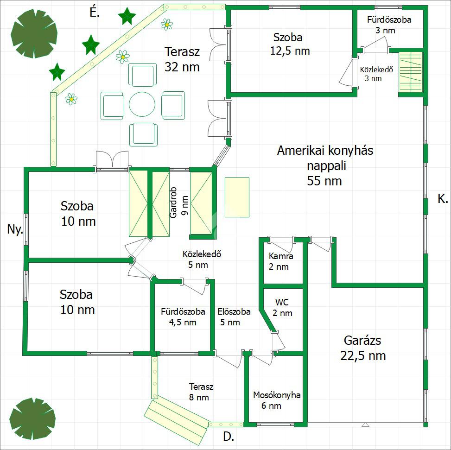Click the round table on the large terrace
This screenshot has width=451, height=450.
[x=142, y=104]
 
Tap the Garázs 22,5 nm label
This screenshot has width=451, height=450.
[x=363, y=348]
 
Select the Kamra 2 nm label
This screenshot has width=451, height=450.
[x=280, y=261]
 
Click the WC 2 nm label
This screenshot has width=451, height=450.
[x=282, y=308]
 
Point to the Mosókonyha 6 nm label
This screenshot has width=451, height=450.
[x=277, y=400]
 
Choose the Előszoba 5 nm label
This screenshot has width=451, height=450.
[x=234, y=317]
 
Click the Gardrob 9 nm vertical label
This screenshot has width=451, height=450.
[x=178, y=203]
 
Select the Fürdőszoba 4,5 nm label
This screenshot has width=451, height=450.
[x=183, y=317]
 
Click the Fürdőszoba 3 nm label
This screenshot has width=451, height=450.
[x=389, y=25]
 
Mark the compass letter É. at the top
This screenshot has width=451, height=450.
[x=95, y=13]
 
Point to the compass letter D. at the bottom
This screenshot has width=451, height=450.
[x=229, y=437]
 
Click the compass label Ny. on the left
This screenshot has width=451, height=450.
[x=15, y=229]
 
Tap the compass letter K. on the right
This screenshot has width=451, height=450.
[x=443, y=199]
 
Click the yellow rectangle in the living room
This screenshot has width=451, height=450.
[x=237, y=197]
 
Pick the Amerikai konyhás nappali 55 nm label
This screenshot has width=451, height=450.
[x=325, y=165]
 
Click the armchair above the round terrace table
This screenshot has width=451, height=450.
[x=142, y=75]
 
